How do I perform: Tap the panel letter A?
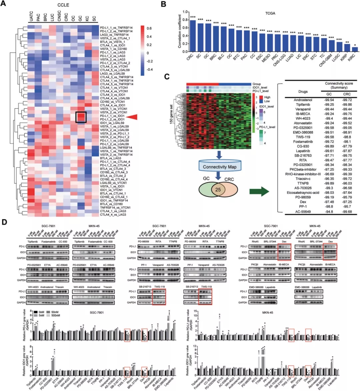pos(4,5)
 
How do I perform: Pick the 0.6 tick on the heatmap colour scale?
pos(149,28)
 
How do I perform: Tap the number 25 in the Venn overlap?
pos(218,189)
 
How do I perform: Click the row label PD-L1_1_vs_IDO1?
pos(112,115)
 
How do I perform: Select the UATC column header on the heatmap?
pos(31,16)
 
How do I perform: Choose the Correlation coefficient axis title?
pos(180,31)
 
